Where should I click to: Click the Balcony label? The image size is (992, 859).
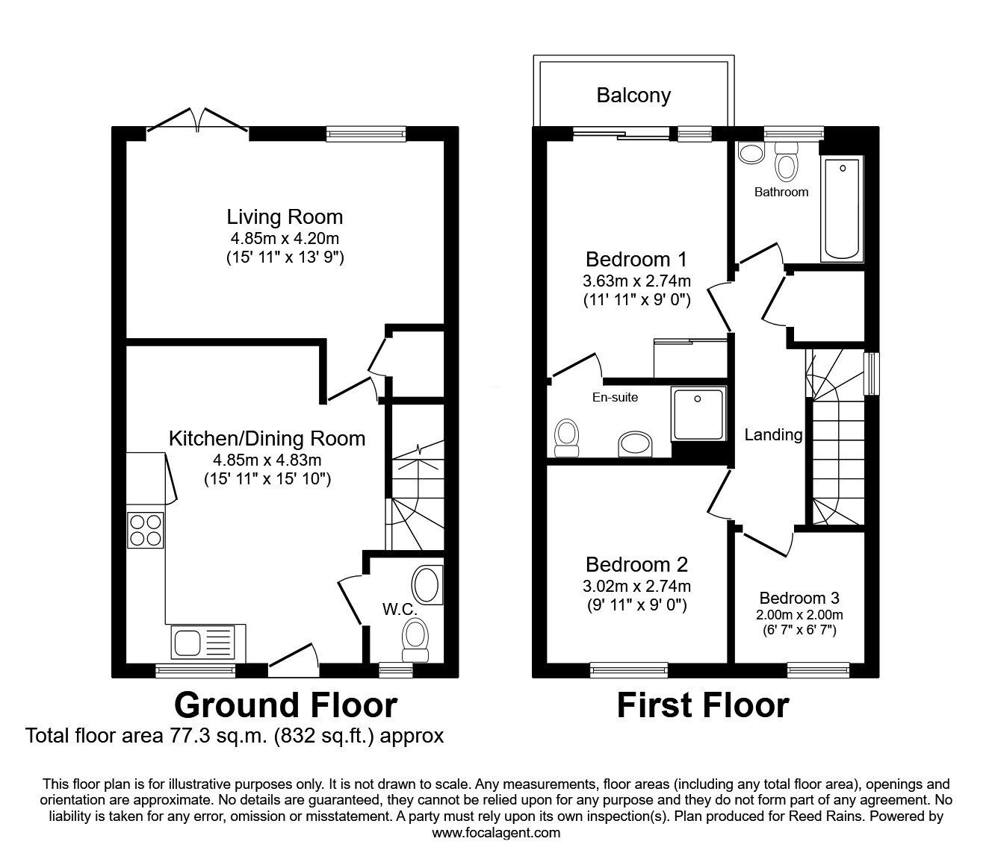coord(633,96)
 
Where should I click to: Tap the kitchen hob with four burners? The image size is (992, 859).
coord(146,529)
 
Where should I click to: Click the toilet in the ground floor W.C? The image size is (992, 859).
coord(415,640)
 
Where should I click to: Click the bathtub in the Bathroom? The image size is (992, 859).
coord(842,208)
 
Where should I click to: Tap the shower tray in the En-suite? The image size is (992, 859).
coord(698,413)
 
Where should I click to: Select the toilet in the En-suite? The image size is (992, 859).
coord(567,437)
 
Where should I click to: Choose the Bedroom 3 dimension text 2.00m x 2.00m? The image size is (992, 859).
coord(799,615)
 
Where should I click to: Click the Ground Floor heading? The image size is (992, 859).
coord(285,705)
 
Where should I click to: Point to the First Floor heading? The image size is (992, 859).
coord(702,705)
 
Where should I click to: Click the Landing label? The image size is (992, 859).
coord(773,434)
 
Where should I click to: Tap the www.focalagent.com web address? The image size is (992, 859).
coord(496,833)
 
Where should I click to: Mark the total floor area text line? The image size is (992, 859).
coord(235,736)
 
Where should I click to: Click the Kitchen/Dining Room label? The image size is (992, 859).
coord(267,438)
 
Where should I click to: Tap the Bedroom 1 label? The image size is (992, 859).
coord(636,260)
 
